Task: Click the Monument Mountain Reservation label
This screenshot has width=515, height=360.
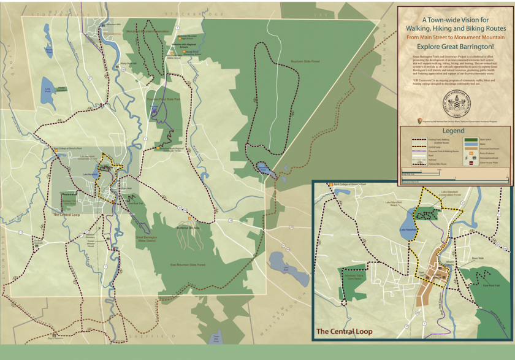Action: (x=147, y=31)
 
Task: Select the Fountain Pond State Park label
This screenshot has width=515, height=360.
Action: (x=164, y=99)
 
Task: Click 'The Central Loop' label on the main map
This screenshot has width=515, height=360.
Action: (x=66, y=215)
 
